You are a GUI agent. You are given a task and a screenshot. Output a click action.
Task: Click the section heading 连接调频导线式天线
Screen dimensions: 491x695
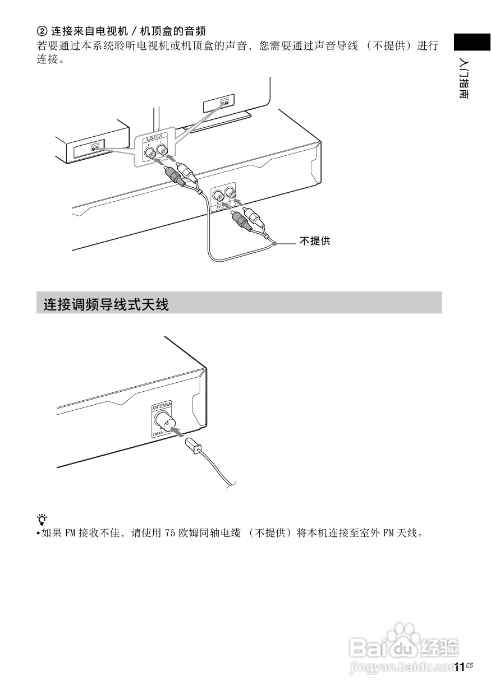click(x=106, y=305)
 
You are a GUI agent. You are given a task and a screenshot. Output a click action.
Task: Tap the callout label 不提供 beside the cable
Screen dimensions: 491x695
click(x=315, y=242)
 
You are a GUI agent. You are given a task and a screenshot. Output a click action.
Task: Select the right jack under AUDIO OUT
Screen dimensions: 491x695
click(x=162, y=150)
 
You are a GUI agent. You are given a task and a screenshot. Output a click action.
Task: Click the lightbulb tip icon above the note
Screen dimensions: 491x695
click(x=42, y=518)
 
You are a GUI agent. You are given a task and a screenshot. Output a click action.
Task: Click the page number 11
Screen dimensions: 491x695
click(x=459, y=667)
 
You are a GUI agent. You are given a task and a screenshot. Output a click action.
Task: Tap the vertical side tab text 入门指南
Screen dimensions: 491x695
click(x=464, y=78)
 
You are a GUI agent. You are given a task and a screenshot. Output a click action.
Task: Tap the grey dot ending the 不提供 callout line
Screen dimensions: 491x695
click(x=274, y=243)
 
